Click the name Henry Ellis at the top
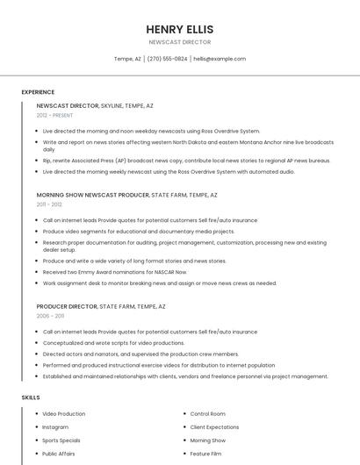(x=180, y=29)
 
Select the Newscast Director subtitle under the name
(x=180, y=41)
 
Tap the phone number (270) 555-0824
(x=167, y=59)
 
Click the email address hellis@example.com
(x=220, y=59)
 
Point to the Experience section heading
(x=38, y=92)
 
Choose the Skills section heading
(x=31, y=397)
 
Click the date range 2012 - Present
(x=54, y=115)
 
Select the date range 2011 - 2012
(x=49, y=204)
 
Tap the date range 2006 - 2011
(x=50, y=316)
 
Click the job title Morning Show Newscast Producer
(x=93, y=195)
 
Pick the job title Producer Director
(x=68, y=306)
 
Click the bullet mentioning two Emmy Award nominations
(x=114, y=272)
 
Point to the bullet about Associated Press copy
(x=186, y=161)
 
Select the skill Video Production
(x=64, y=413)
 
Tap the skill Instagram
(x=55, y=426)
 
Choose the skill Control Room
(x=208, y=413)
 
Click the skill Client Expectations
(x=215, y=426)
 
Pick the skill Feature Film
(x=205, y=454)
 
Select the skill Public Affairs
(x=59, y=454)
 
